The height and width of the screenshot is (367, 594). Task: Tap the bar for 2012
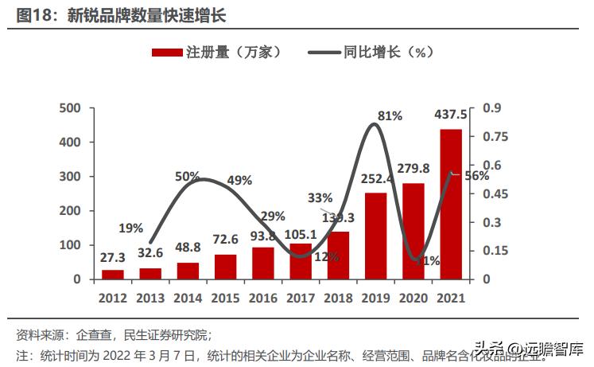[x=112, y=274]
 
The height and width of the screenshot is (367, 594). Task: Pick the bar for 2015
[x=225, y=267]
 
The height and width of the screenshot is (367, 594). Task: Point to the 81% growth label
[x=390, y=116]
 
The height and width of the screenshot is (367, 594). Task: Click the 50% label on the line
[x=188, y=176]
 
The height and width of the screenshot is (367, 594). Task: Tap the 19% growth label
[x=130, y=228]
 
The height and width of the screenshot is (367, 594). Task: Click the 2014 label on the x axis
[x=188, y=298]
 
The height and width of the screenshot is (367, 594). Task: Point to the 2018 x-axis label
[x=338, y=298]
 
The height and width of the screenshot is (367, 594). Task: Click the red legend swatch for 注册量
[x=166, y=53]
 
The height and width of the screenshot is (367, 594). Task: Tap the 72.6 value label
[x=225, y=239]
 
